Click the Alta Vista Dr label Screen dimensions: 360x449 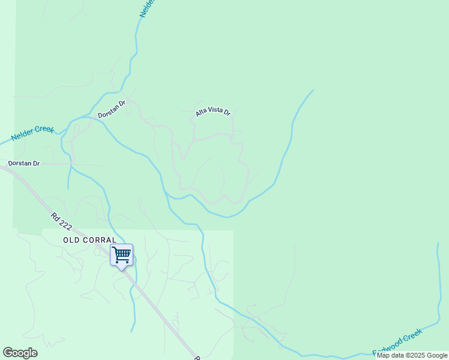[x=213, y=112]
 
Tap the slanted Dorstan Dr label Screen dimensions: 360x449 [x=112, y=109]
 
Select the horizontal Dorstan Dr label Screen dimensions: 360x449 [x=24, y=163]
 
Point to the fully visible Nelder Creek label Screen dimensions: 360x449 [x=33, y=134]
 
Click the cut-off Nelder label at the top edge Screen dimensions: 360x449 [x=148, y=8]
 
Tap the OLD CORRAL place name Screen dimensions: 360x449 [x=90, y=239]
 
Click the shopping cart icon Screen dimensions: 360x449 [x=121, y=254]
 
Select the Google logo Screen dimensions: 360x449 [x=20, y=353]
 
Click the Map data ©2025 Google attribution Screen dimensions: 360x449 [x=412, y=356]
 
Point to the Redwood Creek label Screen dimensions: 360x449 [x=397, y=342]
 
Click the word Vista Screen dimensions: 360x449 [x=217, y=112]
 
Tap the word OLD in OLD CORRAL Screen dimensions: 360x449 [x=71, y=239]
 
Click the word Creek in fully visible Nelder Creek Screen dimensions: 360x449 [x=44, y=130]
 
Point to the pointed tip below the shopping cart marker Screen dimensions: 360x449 [x=122, y=269]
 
